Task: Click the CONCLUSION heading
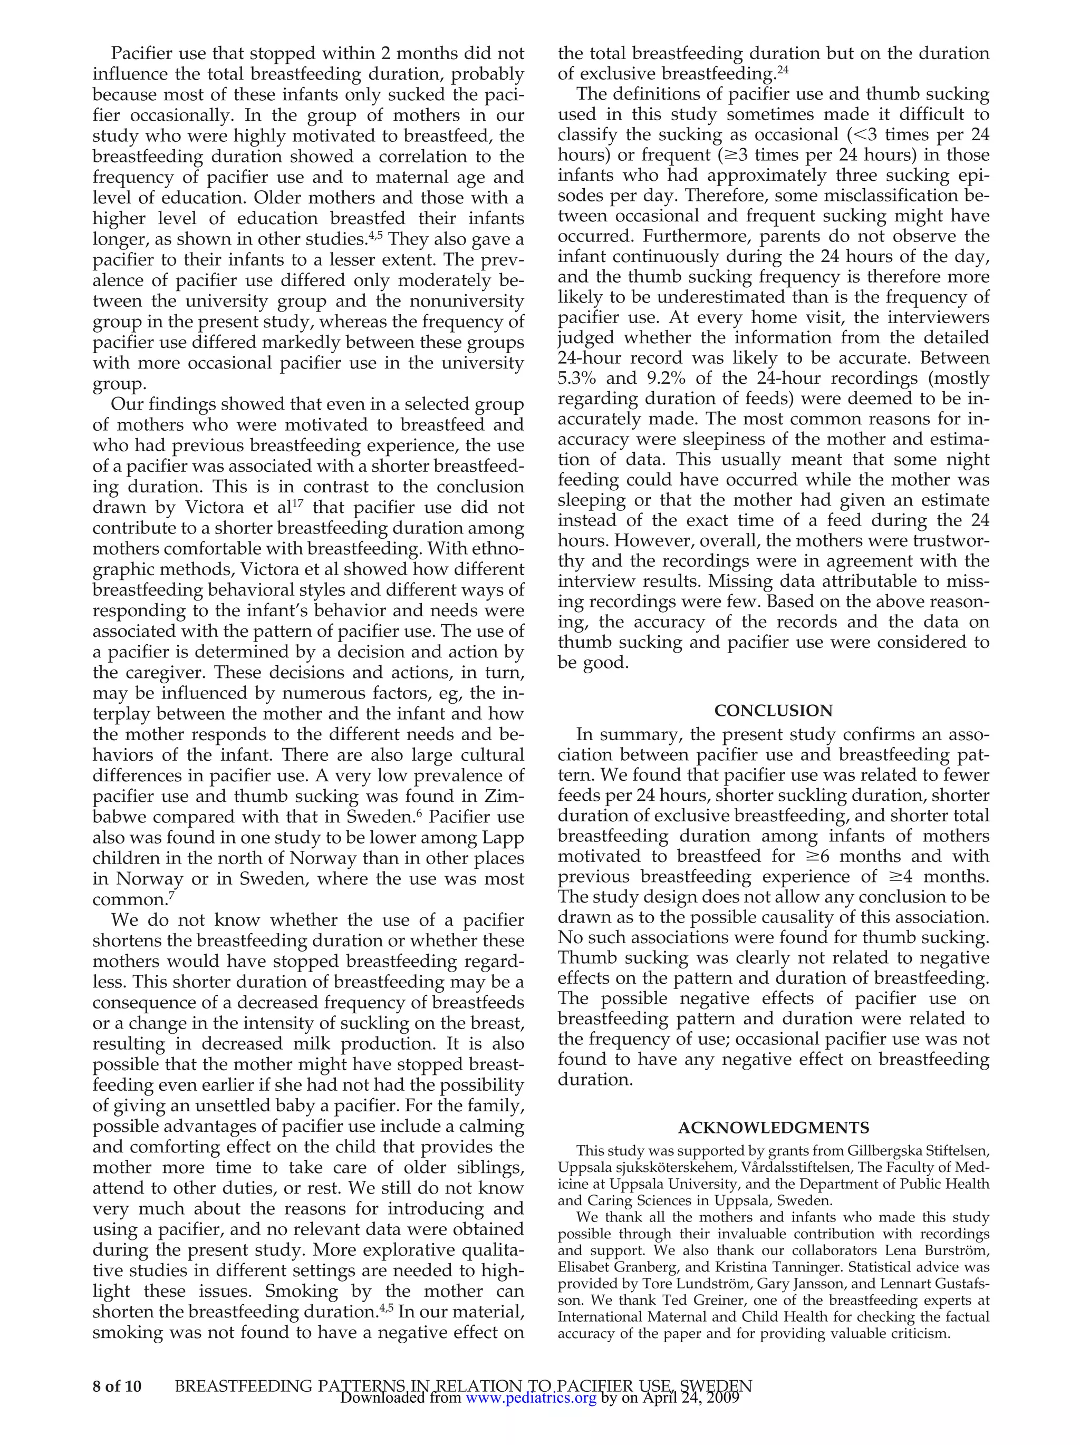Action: [773, 711]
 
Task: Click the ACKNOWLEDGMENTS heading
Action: [773, 1128]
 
